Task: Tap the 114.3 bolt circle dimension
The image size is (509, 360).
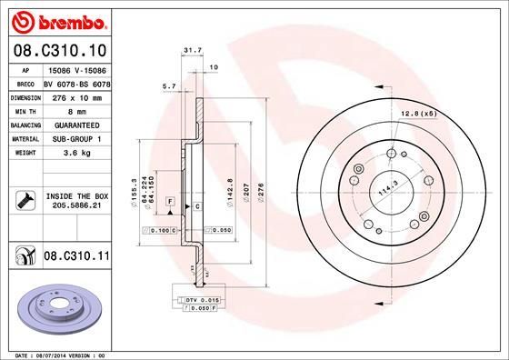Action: tap(385, 188)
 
